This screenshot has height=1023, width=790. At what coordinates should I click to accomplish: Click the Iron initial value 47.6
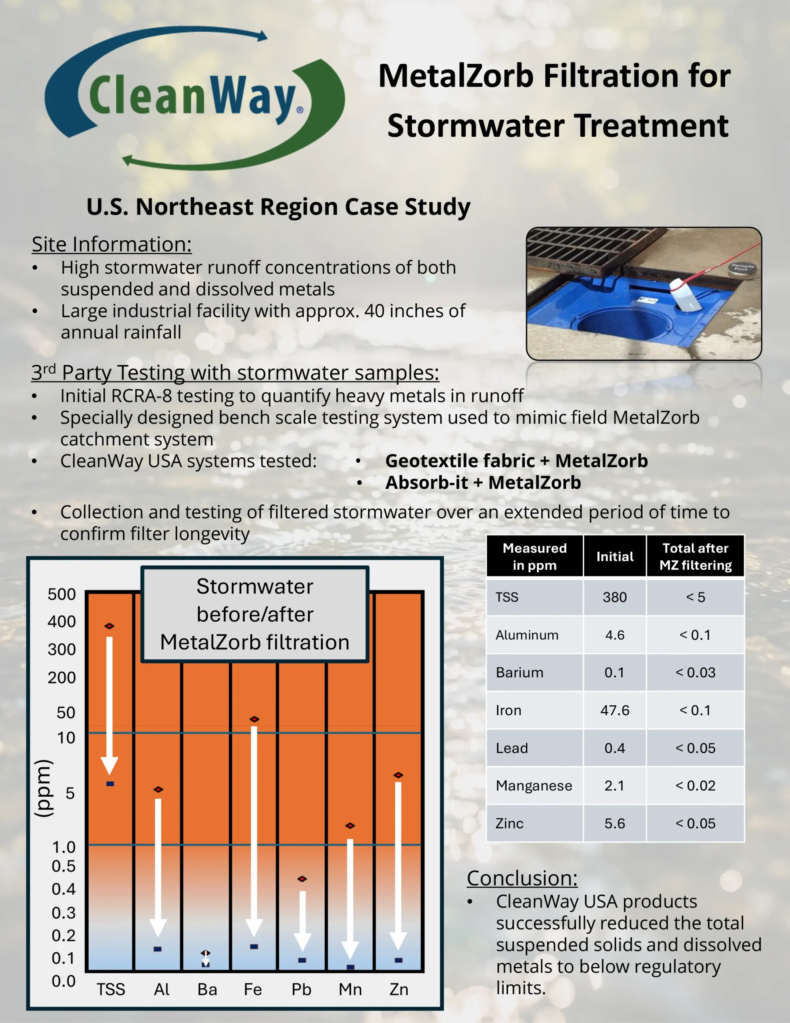614,710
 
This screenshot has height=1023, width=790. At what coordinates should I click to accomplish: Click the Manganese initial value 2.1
614,785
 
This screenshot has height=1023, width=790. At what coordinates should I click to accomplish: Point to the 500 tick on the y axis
62,594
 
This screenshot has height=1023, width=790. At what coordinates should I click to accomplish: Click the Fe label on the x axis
253,989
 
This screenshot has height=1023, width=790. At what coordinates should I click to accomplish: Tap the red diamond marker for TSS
109,626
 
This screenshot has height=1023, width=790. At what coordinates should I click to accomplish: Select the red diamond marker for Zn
398,775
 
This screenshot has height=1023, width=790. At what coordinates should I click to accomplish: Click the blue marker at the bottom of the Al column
157,949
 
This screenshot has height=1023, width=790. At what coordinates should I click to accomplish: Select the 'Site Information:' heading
112,244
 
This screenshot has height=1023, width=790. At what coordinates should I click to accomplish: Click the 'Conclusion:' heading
522,878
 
